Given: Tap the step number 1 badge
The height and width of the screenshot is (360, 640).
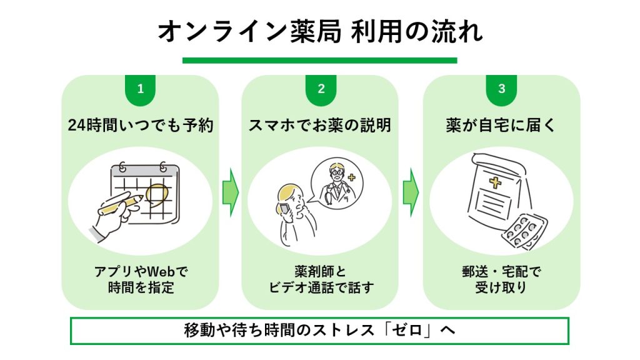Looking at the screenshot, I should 140,89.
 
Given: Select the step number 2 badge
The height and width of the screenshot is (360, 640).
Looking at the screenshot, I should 321,89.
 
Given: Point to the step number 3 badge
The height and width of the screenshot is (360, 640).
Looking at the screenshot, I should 501,89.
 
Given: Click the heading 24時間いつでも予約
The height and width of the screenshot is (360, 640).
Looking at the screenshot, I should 141,126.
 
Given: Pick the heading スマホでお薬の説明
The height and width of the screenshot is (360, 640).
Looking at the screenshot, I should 320,126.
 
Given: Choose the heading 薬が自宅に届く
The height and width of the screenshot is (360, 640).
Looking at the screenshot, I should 501,126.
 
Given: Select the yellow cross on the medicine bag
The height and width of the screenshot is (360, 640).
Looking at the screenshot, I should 496,183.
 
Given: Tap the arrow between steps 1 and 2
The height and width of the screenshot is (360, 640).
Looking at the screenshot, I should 231,192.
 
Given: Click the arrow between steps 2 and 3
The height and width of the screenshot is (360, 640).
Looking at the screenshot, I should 411,192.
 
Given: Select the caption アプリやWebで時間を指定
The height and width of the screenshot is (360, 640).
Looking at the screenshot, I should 141,280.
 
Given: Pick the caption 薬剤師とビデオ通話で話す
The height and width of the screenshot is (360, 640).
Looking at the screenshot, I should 320,280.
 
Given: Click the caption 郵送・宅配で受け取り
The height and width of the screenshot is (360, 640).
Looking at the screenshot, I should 501,280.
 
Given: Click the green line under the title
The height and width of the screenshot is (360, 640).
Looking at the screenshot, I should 319,61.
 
